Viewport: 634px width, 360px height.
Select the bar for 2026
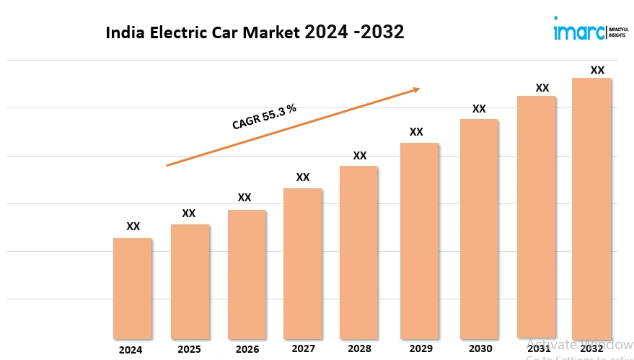[247, 274]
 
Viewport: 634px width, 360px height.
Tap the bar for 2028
[359, 253]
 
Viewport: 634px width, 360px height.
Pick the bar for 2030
[479, 229]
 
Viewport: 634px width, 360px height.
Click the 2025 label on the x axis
[189, 349]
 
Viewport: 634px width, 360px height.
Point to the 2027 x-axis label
[303, 348]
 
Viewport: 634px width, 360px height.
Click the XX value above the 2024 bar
[133, 227]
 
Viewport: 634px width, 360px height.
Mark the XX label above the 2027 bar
[303, 177]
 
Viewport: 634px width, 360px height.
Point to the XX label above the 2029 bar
[416, 132]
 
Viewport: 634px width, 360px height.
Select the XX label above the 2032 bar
[597, 70]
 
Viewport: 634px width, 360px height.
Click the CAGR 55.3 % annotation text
[264, 116]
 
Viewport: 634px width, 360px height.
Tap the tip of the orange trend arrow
[419, 89]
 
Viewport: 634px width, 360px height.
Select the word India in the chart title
[123, 32]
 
